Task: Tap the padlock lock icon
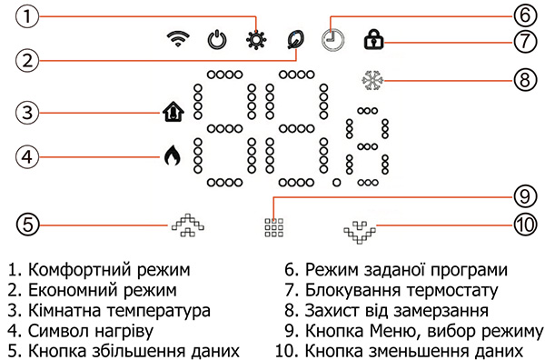pos(372,39)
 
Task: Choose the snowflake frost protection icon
pos(372,79)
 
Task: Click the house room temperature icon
pos(172,113)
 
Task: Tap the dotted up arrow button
pos(187,224)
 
